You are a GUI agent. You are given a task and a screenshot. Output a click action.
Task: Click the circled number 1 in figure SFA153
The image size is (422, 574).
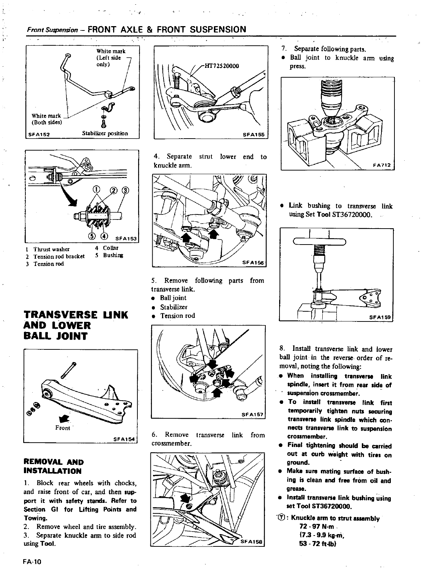click(x=96, y=189)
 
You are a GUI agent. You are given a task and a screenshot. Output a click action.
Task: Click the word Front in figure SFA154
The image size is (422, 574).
click(x=63, y=428)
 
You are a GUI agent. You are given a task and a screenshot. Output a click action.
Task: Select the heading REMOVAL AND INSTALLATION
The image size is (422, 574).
click(x=54, y=467)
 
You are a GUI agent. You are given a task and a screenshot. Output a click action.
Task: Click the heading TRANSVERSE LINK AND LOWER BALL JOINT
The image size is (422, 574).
click(x=75, y=325)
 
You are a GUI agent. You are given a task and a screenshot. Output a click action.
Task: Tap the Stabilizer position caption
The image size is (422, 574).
click(x=105, y=133)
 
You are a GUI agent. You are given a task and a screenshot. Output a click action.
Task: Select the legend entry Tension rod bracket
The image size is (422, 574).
click(x=59, y=256)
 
